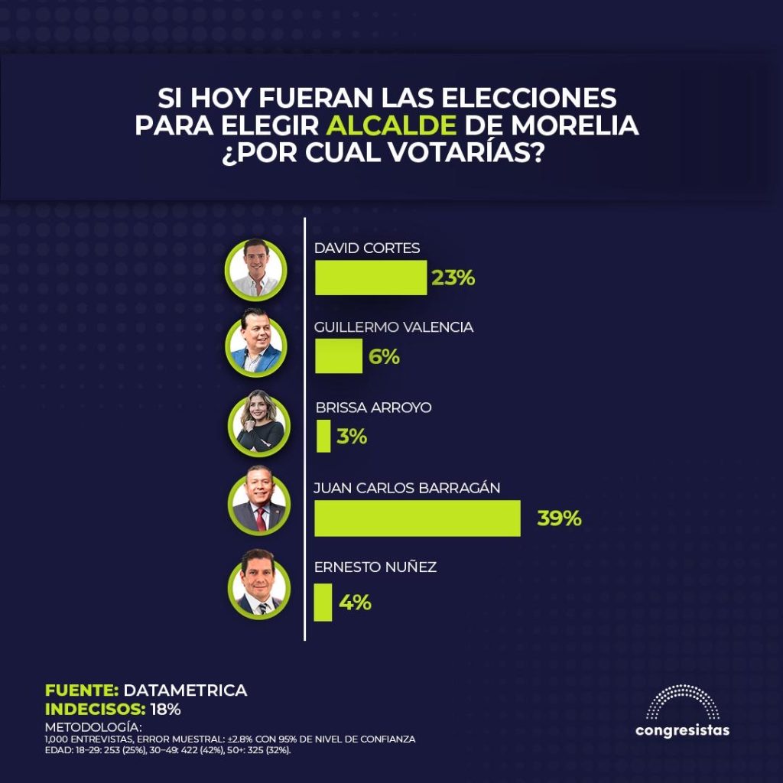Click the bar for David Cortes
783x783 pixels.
371,278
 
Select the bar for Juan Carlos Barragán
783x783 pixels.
417,518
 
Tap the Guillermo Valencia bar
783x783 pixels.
338,356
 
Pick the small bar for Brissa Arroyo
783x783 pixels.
323,437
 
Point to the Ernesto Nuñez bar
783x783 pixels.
323,603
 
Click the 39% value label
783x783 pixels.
559,518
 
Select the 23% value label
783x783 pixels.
453,278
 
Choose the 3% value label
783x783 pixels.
352,437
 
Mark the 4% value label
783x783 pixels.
355,603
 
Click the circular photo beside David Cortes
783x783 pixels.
256,268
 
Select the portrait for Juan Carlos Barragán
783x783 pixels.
258,505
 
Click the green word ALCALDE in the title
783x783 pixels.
392,125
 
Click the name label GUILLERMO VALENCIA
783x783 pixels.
394,327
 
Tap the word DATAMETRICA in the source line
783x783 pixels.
185,690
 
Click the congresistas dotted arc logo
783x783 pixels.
682,702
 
